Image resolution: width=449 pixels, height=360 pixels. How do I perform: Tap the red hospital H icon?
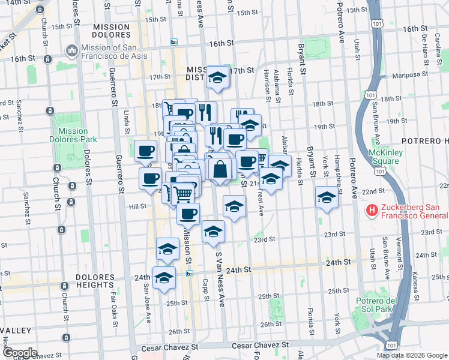372,211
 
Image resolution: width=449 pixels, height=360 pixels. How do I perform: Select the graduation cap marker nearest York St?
327,197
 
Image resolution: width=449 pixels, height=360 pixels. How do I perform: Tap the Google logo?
20,353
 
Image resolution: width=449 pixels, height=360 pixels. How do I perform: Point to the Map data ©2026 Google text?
412,355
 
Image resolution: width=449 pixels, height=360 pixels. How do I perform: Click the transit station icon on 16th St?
173,42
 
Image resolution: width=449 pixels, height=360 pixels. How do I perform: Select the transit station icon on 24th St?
189,274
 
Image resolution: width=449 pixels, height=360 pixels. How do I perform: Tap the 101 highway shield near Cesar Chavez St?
392,346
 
